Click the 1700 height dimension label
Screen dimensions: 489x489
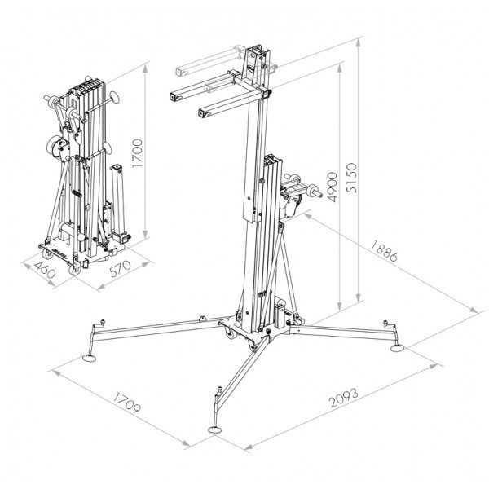point(137,153)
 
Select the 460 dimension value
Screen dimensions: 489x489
point(45,270)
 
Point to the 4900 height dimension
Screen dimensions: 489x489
point(331,187)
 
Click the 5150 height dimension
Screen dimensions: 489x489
point(351,178)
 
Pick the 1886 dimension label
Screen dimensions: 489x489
point(384,250)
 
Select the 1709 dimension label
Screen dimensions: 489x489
point(126,403)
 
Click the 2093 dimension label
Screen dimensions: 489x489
point(344,398)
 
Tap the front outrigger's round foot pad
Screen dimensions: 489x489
point(214,430)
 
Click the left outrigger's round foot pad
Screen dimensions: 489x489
point(90,358)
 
